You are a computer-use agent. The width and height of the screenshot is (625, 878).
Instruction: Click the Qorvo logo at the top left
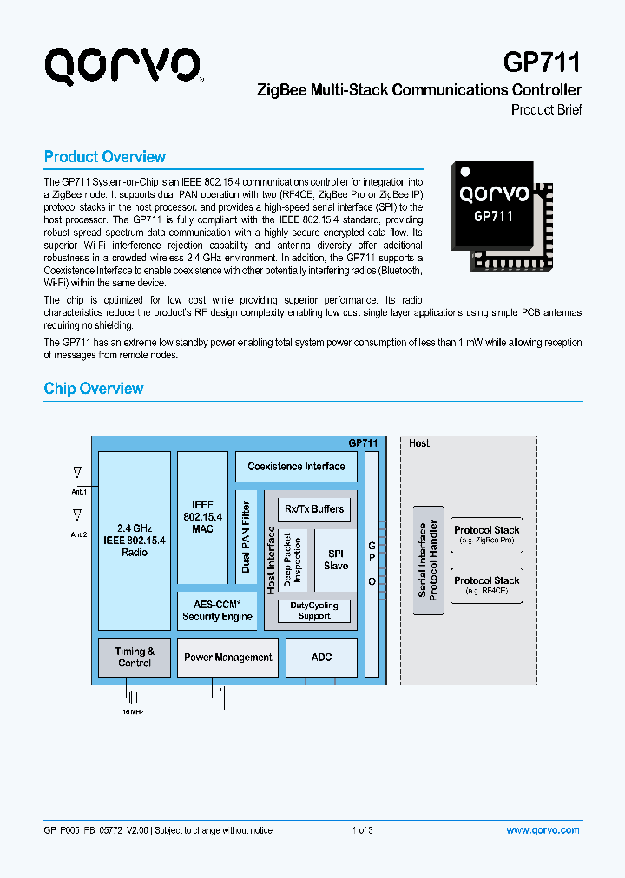point(123,66)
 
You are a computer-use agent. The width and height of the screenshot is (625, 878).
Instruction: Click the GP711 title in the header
point(543,62)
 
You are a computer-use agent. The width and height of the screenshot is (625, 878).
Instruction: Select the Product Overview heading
point(104,157)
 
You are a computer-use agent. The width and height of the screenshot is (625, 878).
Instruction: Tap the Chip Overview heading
point(94,389)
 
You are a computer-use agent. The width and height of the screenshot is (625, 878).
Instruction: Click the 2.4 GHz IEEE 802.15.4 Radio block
point(134,540)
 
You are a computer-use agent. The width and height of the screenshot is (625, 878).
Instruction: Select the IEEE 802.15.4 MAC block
point(202,516)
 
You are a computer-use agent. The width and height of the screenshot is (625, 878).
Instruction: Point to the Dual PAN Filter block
point(246,537)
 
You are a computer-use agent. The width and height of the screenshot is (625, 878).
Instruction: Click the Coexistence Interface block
point(296,467)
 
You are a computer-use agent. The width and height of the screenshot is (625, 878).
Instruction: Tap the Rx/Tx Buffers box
point(314,509)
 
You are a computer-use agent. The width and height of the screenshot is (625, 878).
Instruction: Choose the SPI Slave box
point(336,560)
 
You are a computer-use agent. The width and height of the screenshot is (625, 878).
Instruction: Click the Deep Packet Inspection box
point(293,560)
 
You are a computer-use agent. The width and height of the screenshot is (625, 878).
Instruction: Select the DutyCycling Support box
point(314,611)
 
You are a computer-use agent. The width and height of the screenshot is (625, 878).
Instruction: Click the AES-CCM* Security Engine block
point(217,611)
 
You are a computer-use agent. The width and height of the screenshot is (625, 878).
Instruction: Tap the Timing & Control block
point(135,657)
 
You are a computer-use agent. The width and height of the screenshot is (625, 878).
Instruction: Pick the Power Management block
point(228,658)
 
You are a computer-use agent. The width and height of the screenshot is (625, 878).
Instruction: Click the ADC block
point(321,658)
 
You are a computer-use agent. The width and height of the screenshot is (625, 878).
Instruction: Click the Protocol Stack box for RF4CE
point(486,585)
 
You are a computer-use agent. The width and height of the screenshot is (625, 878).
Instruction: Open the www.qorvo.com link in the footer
point(543,830)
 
